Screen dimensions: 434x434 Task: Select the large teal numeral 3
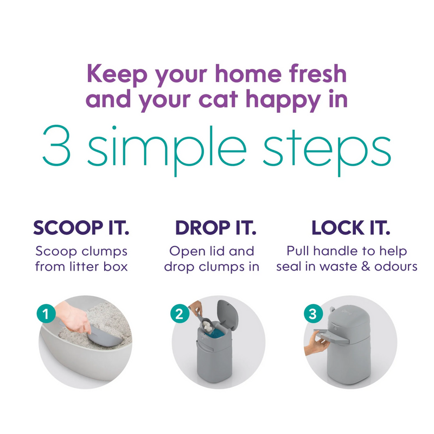click(x=58, y=146)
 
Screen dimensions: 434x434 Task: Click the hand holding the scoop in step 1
click(x=73, y=317)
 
